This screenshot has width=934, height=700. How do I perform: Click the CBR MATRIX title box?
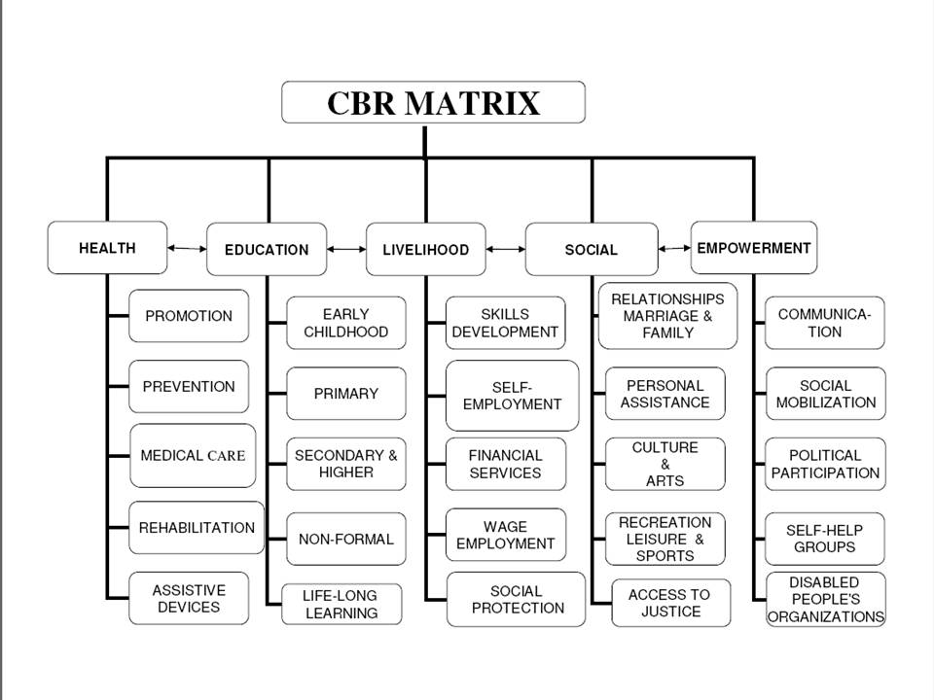tap(433, 102)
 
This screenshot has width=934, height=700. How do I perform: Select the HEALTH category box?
tap(107, 248)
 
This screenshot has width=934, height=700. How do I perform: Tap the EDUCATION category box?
tap(267, 250)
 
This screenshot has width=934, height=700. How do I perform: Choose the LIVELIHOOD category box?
tap(425, 250)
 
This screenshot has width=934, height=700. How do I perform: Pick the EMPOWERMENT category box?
tap(753, 248)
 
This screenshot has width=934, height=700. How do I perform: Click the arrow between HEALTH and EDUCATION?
tap(186, 249)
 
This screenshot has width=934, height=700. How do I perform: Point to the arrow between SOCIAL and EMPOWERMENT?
tap(674, 249)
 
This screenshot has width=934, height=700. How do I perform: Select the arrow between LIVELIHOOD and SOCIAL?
tap(505, 250)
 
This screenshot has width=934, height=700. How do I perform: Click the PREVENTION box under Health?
tap(188, 386)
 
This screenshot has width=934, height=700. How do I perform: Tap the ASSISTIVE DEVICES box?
tap(188, 598)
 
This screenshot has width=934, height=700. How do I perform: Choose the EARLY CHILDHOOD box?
tap(345, 323)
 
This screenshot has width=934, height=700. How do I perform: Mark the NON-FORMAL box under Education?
tap(345, 539)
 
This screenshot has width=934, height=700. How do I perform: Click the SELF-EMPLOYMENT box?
tap(512, 395)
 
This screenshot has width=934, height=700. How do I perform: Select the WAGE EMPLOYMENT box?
tap(505, 535)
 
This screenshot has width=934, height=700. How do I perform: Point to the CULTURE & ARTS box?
tap(665, 464)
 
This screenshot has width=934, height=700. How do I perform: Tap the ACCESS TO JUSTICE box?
tap(670, 603)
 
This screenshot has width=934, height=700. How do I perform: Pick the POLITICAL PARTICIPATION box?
tap(825, 464)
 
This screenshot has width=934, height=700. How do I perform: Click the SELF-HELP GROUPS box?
tap(825, 538)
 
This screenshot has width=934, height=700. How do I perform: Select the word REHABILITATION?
tap(197, 528)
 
